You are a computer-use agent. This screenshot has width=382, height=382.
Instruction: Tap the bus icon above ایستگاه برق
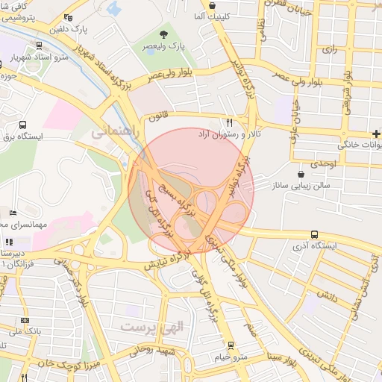pyautogui.click(x=22, y=125)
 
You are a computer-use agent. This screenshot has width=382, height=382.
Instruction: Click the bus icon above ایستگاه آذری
pyautogui.click(x=314, y=234)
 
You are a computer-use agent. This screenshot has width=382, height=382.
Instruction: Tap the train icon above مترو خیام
pyautogui.click(x=231, y=345)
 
